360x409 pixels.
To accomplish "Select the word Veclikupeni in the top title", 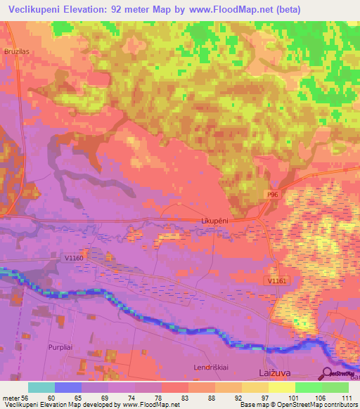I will tap(39, 8).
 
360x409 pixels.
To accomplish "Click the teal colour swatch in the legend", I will tap(41, 387).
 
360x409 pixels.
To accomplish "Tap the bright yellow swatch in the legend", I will tap(282, 387).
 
